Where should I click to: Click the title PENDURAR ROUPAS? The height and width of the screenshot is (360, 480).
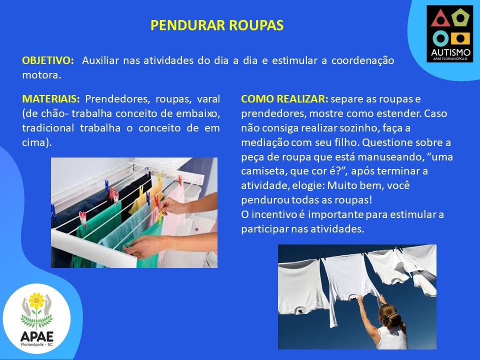pyautogui.click(x=217, y=25)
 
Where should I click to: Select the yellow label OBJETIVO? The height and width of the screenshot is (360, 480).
pyautogui.click(x=48, y=60)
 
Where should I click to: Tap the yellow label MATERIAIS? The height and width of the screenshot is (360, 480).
pyautogui.click(x=51, y=99)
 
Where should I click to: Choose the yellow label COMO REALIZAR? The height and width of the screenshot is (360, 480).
pyautogui.click(x=284, y=99)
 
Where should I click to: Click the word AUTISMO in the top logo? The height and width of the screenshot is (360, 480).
pyautogui.click(x=450, y=51)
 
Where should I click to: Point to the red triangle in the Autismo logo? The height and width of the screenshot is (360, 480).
pyautogui.click(x=440, y=18)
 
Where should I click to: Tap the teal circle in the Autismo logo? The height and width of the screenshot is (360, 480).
pyautogui.click(x=440, y=38)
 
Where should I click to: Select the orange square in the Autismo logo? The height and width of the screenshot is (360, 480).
pyautogui.click(x=460, y=38)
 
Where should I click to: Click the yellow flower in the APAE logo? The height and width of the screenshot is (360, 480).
pyautogui.click(x=36, y=301)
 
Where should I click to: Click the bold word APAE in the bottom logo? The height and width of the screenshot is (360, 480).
pyautogui.click(x=36, y=336)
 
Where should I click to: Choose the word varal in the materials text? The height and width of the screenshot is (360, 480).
pyautogui.click(x=208, y=99)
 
